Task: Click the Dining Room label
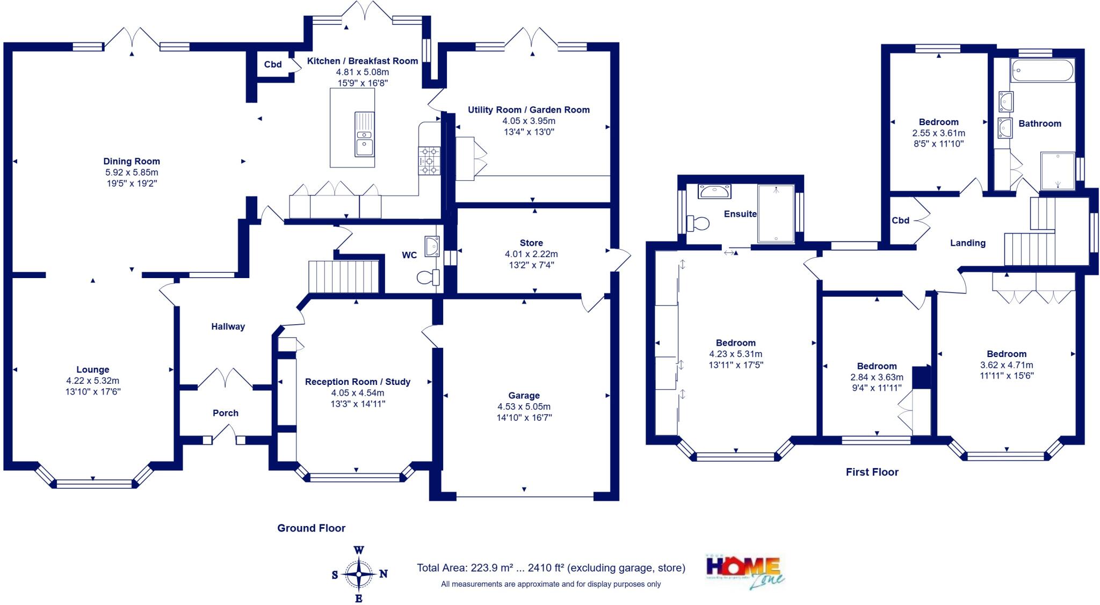tap(132, 161)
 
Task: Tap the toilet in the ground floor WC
tap(428, 277)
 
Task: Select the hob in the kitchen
tap(429, 161)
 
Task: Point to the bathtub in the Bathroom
tap(1042, 70)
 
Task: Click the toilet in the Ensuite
tap(698, 223)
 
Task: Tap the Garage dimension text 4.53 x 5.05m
tap(524, 406)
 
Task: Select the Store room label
tap(531, 243)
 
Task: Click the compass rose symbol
tap(359, 574)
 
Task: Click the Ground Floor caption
tap(311, 528)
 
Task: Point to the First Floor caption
tap(872, 472)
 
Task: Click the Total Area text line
tap(551, 568)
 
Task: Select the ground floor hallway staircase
tap(344, 276)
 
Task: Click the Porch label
tap(226, 413)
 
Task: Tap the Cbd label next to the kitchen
tap(273, 64)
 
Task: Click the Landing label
tap(968, 243)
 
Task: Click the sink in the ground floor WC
tap(432, 246)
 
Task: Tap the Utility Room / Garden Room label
tap(529, 110)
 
